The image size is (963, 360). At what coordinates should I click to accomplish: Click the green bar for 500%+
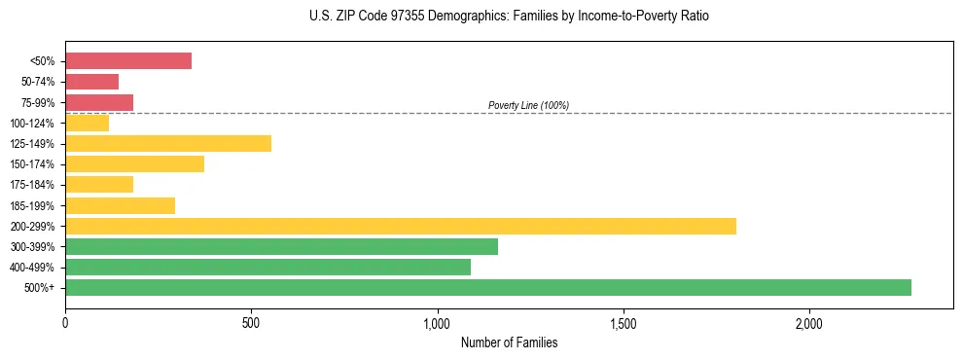click(487, 287)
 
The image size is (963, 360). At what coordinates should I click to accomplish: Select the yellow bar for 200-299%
click(400, 226)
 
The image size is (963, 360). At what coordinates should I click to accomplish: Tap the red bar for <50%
click(127, 60)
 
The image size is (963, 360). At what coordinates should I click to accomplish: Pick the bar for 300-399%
click(281, 246)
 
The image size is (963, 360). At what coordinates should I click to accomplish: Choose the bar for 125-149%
click(167, 143)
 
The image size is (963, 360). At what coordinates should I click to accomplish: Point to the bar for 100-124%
click(87, 123)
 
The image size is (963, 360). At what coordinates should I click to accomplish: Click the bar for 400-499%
click(267, 267)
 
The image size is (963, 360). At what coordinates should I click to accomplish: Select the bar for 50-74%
click(91, 82)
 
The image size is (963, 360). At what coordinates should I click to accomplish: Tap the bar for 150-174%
click(134, 163)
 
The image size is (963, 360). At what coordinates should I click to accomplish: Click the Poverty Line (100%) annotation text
click(528, 105)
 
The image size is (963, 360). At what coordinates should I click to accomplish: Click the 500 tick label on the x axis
click(251, 323)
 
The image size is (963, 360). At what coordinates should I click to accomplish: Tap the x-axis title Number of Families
click(509, 342)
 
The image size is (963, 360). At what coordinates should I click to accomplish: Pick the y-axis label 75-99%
click(37, 102)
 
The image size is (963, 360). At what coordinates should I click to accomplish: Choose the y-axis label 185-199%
click(33, 205)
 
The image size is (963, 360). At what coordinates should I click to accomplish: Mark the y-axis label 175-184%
click(33, 185)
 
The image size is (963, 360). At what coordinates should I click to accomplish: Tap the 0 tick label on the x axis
click(65, 323)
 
